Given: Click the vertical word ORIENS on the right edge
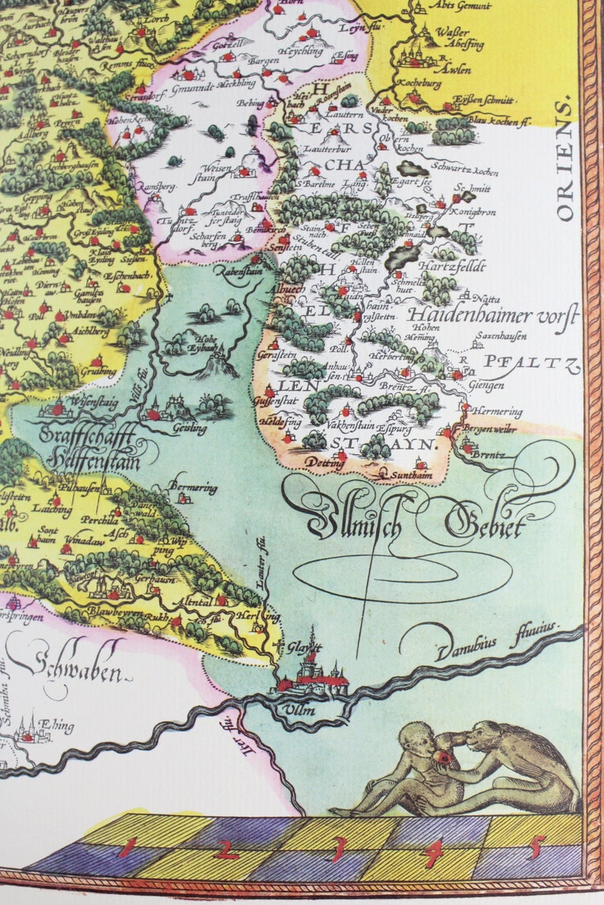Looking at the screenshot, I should (x=564, y=160).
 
